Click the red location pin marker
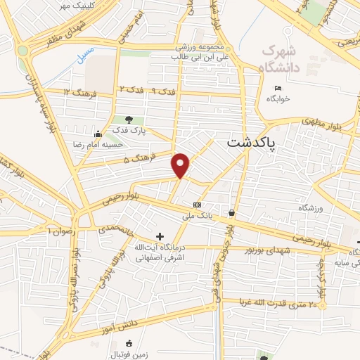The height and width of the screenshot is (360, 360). [181, 165]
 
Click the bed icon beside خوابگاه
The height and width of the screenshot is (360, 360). [278, 88]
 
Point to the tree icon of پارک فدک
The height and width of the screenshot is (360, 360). [128, 120]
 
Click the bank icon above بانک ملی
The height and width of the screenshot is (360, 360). [198, 205]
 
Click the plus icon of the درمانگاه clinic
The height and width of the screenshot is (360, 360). [160, 237]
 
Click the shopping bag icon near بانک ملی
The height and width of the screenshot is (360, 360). [231, 212]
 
